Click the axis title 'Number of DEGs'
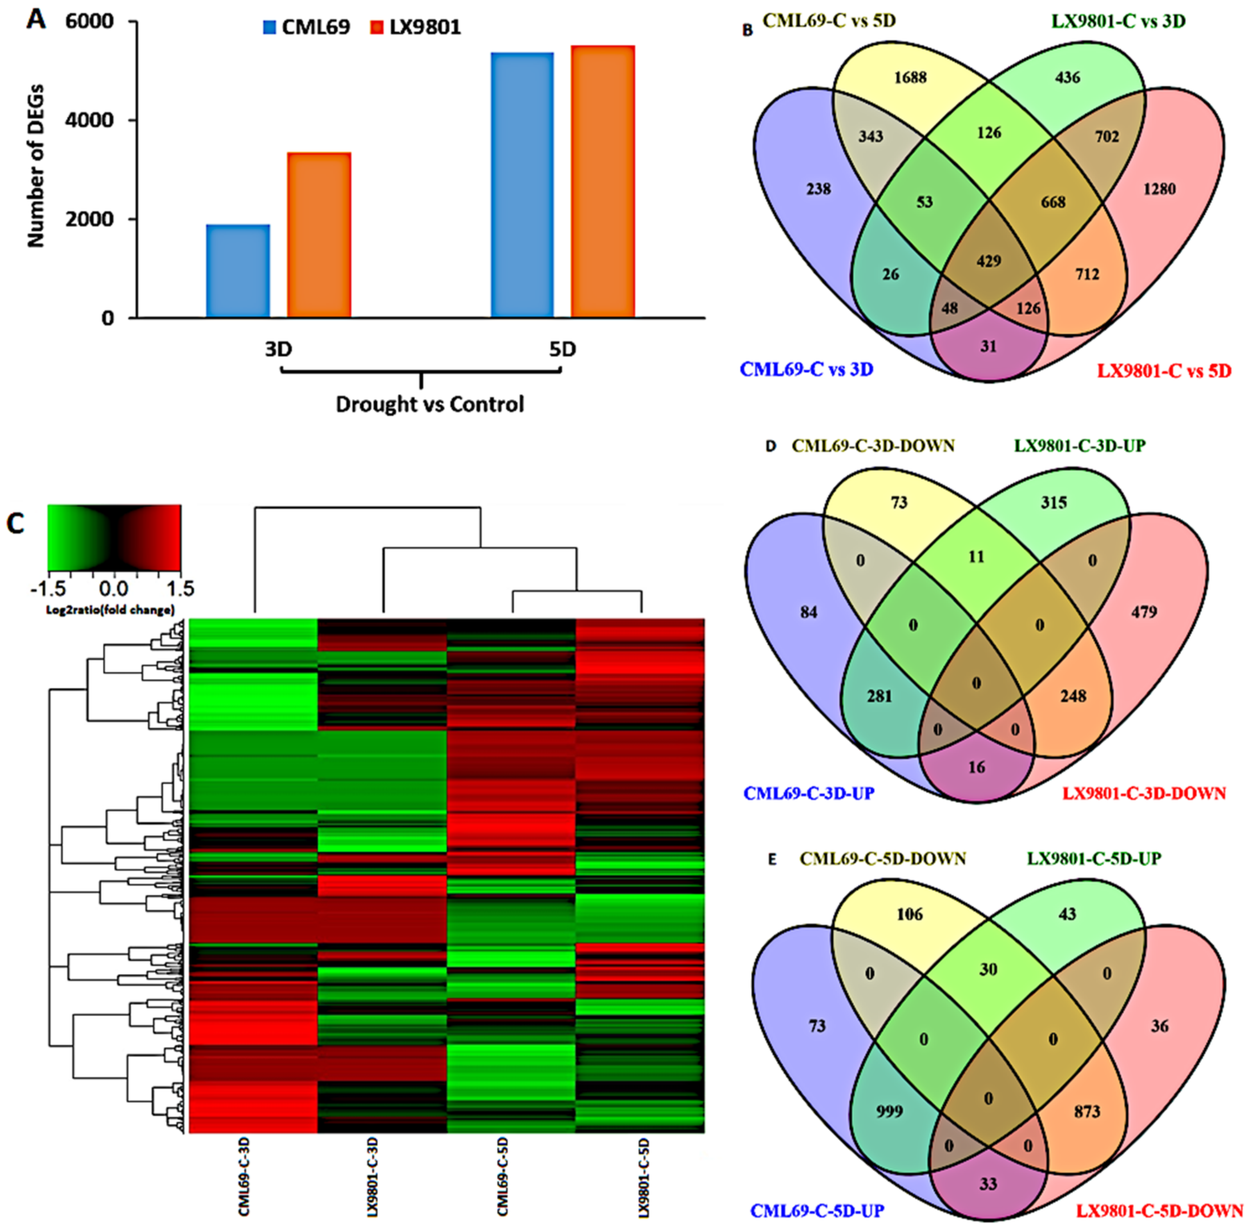pos(36,165)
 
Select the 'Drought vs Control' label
pos(430,405)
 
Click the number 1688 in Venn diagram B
pos(910,78)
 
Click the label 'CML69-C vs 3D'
pos(807,370)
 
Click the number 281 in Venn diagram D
pos(879,697)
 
